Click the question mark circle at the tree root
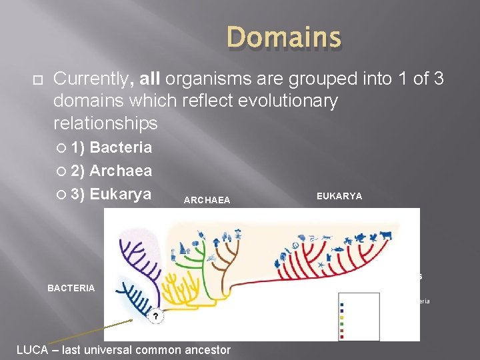click(155, 315)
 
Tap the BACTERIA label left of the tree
click(71, 288)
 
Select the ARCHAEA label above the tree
click(207, 200)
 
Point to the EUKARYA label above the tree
click(339, 196)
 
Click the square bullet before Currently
click(37, 79)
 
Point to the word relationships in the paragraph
click(105, 123)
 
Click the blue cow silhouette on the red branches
click(385, 235)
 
